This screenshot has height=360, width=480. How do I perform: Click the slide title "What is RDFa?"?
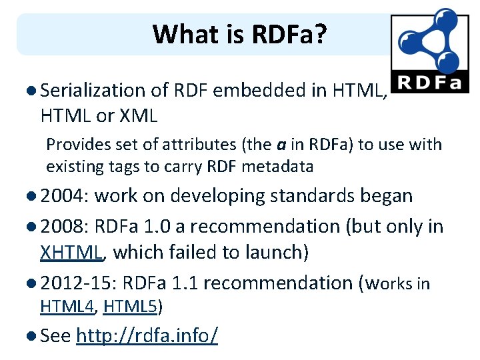pos(239,34)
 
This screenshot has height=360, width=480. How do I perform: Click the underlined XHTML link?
pos(70,252)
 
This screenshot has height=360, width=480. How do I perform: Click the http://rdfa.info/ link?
pos(147,336)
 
